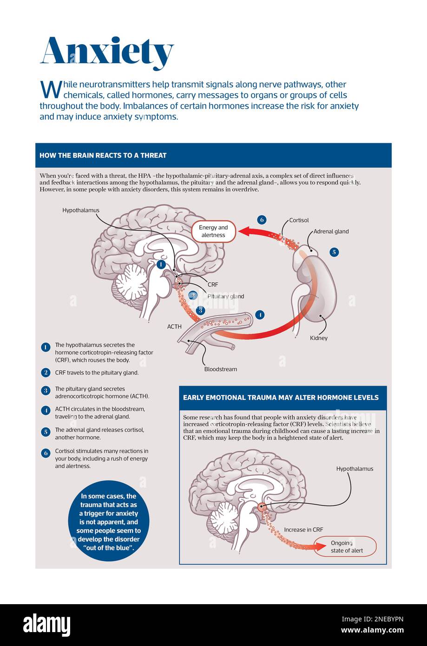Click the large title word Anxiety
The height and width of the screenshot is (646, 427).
107,53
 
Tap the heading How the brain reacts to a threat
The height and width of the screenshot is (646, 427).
103,155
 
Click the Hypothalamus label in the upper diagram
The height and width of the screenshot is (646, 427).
81,211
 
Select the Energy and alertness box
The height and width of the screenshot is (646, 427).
214,231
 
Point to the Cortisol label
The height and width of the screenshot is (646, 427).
299,220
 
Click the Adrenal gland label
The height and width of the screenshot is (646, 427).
331,231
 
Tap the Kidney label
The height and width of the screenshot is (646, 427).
319,338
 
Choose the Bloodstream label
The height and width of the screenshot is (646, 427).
221,369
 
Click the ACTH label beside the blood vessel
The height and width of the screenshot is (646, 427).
174,327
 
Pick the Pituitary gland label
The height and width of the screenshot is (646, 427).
225,296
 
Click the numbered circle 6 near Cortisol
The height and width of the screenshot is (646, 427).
262,220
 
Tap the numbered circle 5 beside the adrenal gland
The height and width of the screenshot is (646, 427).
334,252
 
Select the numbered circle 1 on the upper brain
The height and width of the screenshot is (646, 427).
161,264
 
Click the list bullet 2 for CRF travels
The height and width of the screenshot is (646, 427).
46,372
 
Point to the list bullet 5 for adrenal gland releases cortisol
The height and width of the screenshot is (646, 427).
46,432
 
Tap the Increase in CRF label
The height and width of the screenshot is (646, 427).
303,530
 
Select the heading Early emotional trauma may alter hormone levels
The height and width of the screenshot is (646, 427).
281,397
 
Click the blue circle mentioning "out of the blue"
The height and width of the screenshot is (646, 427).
109,521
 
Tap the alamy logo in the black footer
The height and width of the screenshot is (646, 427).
47,625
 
